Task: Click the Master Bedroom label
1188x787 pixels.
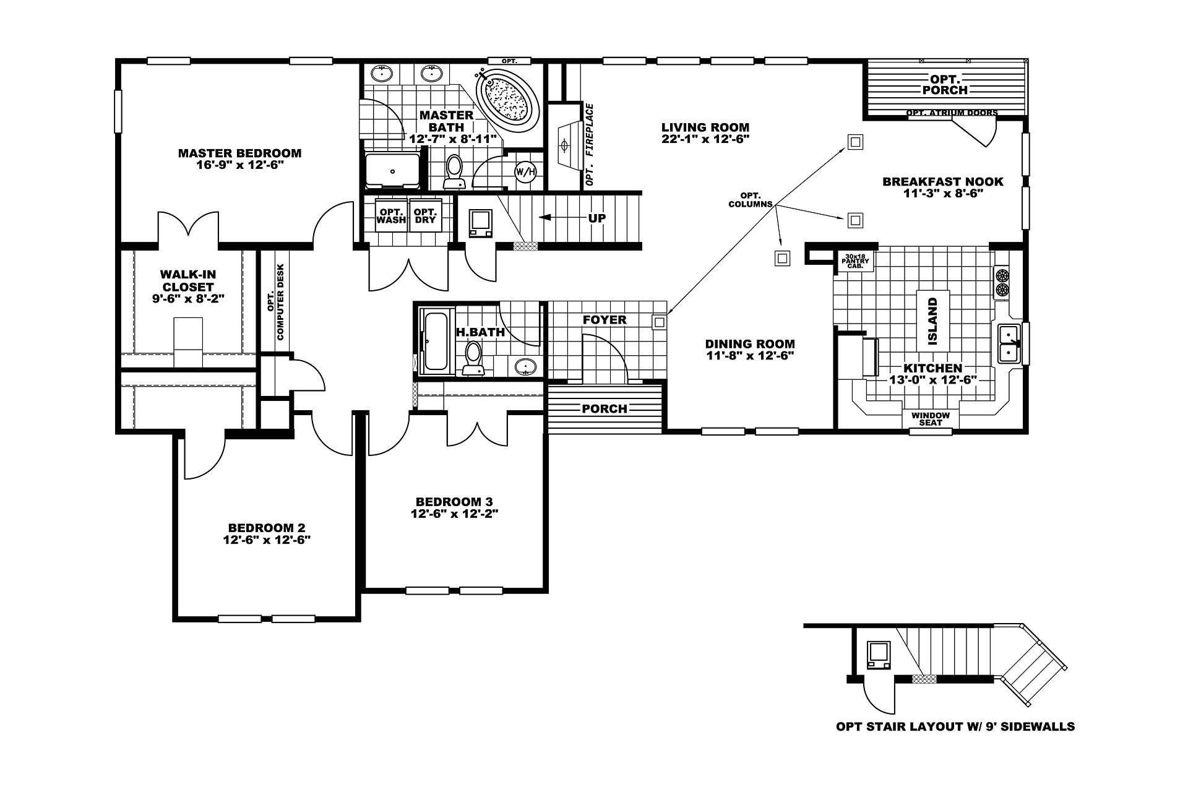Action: click(239, 153)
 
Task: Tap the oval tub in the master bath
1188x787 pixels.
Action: click(506, 98)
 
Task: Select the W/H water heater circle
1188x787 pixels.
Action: click(525, 171)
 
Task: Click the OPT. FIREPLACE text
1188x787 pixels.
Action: click(589, 145)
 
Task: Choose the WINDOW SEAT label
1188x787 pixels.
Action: click(930, 419)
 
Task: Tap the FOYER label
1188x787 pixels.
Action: click(605, 320)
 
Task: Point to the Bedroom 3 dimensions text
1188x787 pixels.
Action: click(454, 514)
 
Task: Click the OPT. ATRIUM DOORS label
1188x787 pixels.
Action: click(952, 113)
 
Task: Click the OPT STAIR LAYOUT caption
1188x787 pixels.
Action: click(955, 726)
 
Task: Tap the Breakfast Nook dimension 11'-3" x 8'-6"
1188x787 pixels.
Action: click(943, 193)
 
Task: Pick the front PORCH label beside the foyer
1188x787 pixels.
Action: click(605, 408)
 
